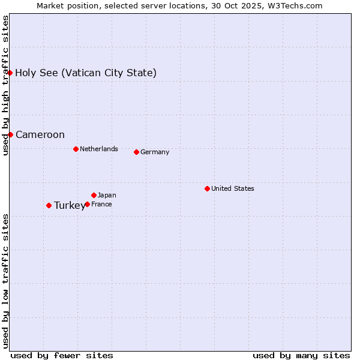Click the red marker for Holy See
10,73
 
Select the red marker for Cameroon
10,134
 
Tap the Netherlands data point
76,149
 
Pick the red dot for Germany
136,152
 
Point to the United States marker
207,188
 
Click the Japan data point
94,195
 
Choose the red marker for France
87,204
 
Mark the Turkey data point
49,205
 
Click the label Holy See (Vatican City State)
86,73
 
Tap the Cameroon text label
40,135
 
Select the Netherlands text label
99,149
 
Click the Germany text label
155,152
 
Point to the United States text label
233,188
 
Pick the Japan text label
107,195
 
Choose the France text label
101,205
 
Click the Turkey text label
70,206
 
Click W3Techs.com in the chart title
296,5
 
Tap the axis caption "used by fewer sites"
62,355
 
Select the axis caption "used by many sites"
301,355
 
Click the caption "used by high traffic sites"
5,85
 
